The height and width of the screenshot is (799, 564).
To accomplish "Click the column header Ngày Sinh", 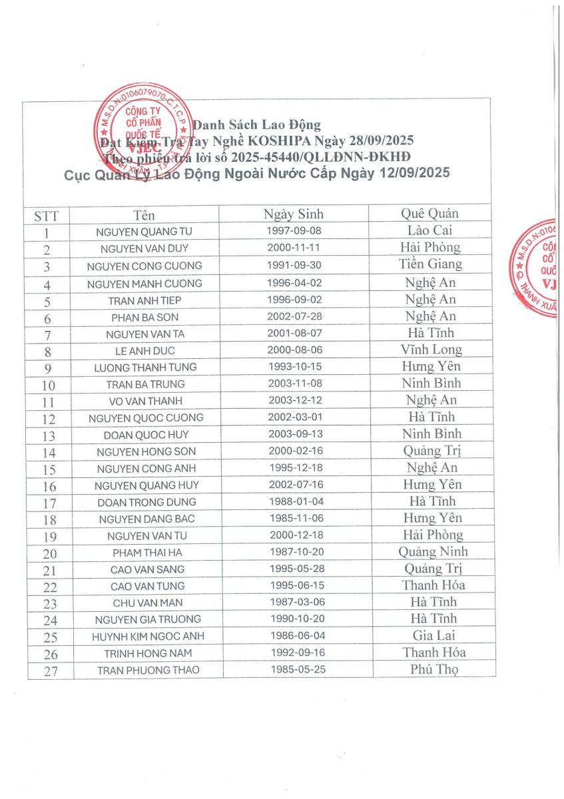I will click(x=293, y=214).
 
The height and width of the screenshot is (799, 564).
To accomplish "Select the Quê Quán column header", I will click(x=429, y=214).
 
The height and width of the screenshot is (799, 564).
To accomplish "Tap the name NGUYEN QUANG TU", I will click(x=146, y=232).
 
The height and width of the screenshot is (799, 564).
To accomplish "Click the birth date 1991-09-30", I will click(x=294, y=266).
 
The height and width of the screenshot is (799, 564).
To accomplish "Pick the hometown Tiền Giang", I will click(x=431, y=264).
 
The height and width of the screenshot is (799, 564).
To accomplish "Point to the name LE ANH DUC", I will click(x=146, y=350).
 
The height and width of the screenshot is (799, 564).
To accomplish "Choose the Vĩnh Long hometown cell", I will click(x=431, y=350).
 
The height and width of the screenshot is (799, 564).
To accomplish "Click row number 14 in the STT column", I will click(x=49, y=453).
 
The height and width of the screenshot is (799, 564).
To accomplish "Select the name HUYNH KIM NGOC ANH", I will click(x=148, y=637).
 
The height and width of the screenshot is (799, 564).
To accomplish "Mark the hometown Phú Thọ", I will click(x=434, y=669).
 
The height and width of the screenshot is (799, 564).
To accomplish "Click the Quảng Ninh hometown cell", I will click(x=433, y=551).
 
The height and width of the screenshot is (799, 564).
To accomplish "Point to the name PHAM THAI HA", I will click(x=147, y=552).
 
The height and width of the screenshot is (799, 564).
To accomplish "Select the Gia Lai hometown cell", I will click(x=433, y=635).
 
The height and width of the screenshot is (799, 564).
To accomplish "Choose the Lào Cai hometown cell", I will click(x=429, y=231).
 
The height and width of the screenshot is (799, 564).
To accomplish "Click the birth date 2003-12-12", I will click(x=296, y=401).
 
